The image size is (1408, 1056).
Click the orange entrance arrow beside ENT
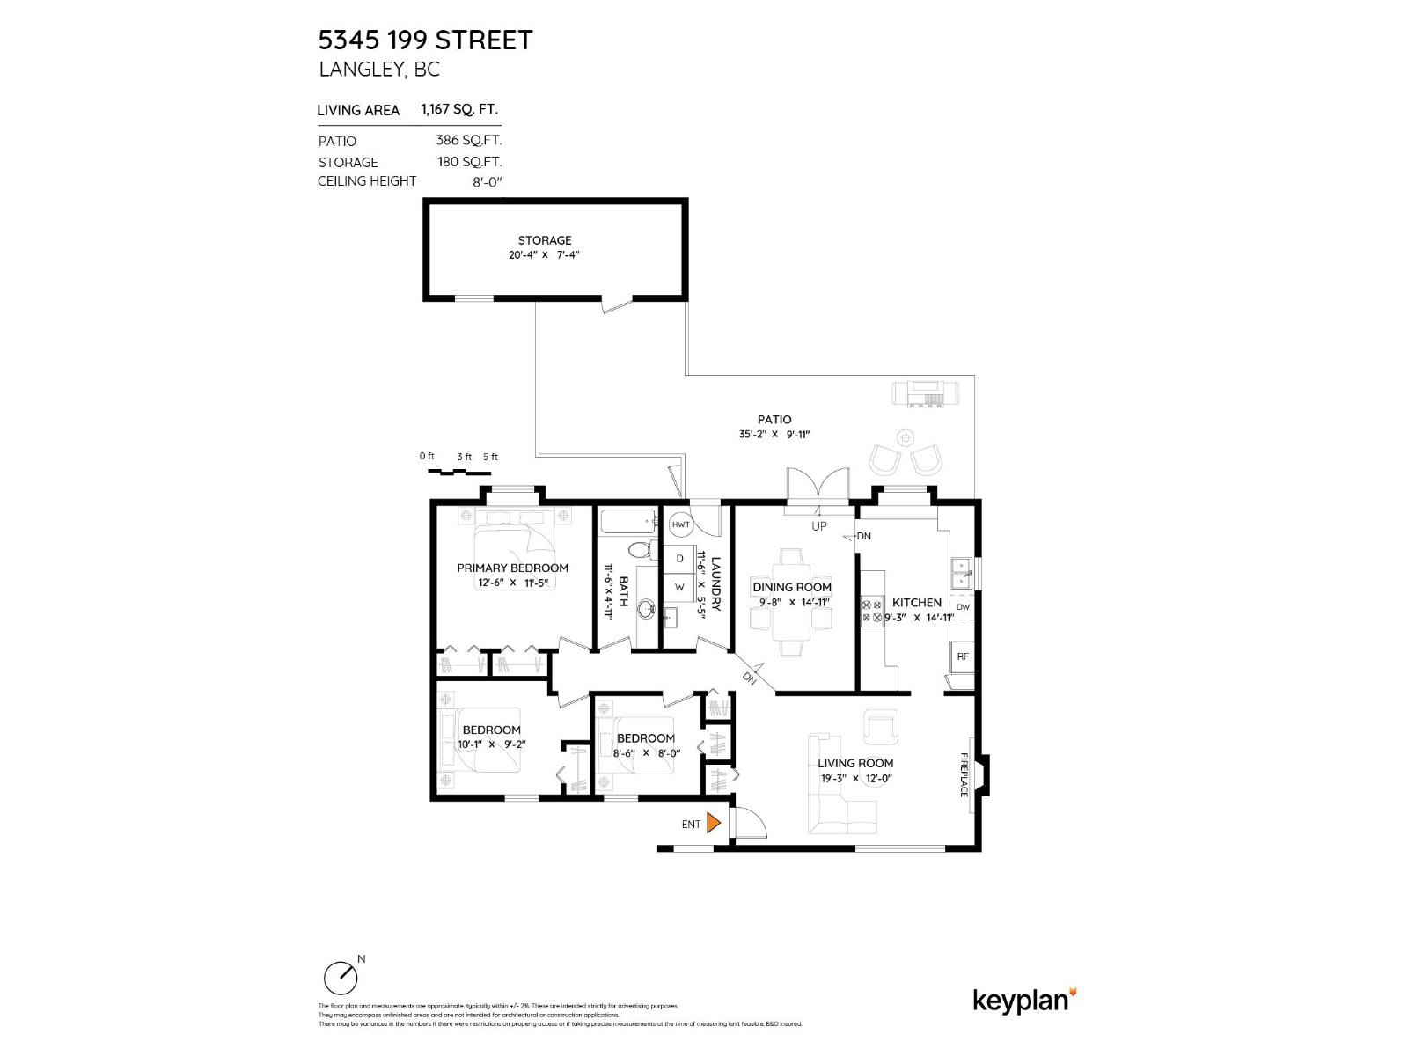click(x=714, y=824)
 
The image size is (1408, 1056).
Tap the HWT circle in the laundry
click(x=680, y=524)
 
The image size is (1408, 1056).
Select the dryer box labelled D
click(x=679, y=559)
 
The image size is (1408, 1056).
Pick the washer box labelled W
click(x=679, y=587)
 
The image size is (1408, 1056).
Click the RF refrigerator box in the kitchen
click(x=963, y=656)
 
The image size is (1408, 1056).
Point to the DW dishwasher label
click(x=963, y=607)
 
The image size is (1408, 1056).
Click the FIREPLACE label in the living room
click(x=964, y=775)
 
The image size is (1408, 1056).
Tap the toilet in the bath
click(x=643, y=551)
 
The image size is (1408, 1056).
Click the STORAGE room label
click(x=545, y=240)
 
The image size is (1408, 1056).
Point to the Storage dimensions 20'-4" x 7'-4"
click(x=545, y=255)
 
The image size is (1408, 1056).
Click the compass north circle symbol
click(x=341, y=978)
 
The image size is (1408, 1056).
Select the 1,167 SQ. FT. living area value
click(x=459, y=110)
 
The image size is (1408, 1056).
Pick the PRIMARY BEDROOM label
click(x=512, y=568)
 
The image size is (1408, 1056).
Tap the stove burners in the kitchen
click(x=872, y=611)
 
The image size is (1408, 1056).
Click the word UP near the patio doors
click(x=819, y=526)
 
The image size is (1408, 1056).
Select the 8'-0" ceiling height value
click(x=487, y=182)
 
